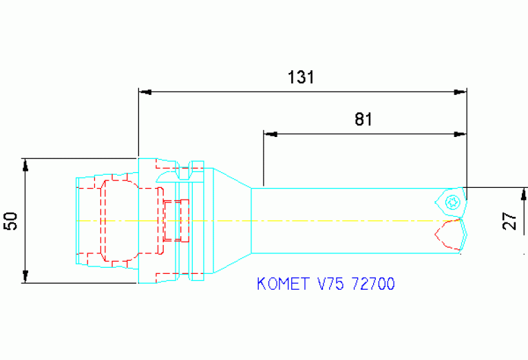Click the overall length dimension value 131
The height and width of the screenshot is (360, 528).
click(x=301, y=77)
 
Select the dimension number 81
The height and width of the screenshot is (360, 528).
click(x=363, y=119)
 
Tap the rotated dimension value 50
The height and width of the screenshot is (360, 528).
click(x=10, y=221)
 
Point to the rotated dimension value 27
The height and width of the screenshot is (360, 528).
click(x=509, y=221)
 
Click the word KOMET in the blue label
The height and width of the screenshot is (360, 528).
click(x=282, y=284)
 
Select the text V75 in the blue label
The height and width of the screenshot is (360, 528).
click(x=330, y=284)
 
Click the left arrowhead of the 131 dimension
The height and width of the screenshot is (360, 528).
click(x=145, y=92)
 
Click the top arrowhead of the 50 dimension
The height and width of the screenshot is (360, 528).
click(x=26, y=165)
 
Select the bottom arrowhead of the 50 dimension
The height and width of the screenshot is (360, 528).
click(x=26, y=277)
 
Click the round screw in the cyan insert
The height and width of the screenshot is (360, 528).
click(x=452, y=202)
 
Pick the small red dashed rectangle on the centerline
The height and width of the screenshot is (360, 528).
click(x=176, y=220)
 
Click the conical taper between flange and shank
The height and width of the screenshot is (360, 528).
click(x=233, y=220)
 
